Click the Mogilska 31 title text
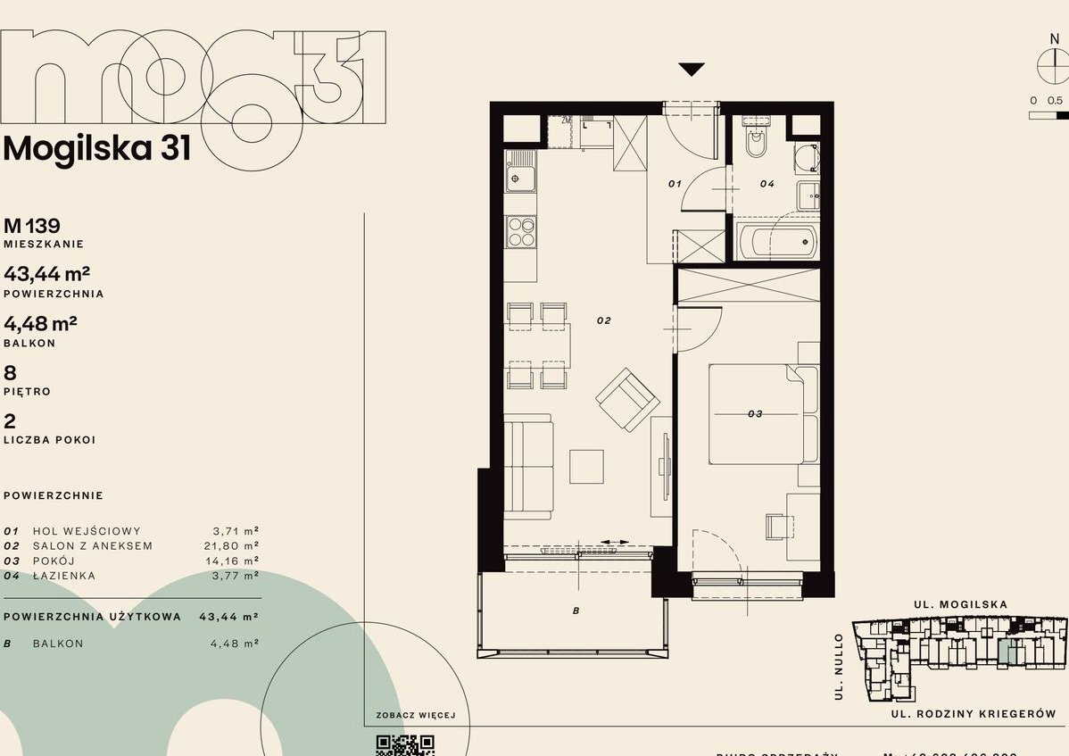tap(97, 148)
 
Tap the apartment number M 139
tap(32, 226)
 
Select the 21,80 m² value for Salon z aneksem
tap(229, 545)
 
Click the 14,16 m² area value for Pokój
tap(229, 561)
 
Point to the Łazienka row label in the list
tap(63, 576)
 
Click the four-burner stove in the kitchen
tap(520, 232)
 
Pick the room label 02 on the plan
tap(603, 320)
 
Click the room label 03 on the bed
tap(755, 413)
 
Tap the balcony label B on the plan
tap(576, 611)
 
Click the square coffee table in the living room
tap(587, 466)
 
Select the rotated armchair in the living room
tap(628, 398)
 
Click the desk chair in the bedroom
tap(778, 526)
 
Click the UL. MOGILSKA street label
tap(960, 604)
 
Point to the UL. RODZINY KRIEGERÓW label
tap(973, 714)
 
